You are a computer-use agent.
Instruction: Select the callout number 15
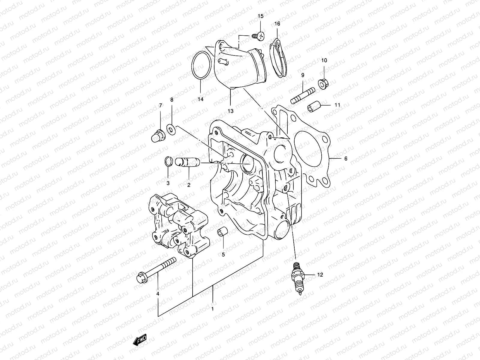(x=260, y=16)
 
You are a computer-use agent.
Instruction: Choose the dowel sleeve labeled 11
(x=314, y=106)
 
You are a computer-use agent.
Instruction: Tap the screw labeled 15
(x=258, y=36)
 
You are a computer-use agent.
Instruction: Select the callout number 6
(x=345, y=158)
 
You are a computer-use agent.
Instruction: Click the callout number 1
(x=212, y=309)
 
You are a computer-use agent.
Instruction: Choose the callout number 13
(x=230, y=111)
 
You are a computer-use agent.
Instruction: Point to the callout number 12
(x=320, y=274)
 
